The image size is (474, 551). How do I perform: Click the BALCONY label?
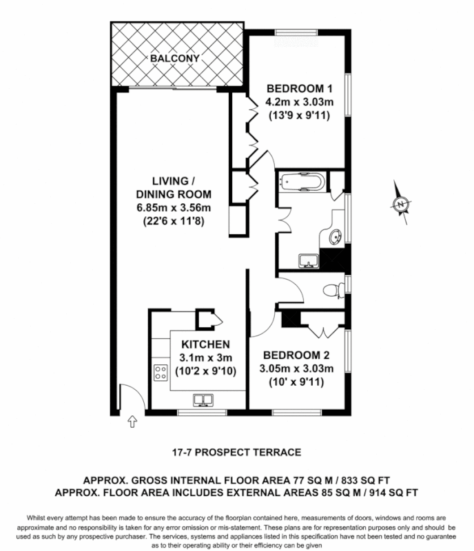pos(175,59)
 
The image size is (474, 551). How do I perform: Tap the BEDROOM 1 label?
pos(300,88)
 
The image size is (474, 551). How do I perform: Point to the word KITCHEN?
pos(205,344)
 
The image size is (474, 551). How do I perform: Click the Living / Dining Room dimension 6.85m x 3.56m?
pos(173,208)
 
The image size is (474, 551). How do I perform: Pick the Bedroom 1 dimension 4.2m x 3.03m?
pos(300,102)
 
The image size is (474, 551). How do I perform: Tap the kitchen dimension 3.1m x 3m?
pos(205,357)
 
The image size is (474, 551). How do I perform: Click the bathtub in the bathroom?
pos(301,184)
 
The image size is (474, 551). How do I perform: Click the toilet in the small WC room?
pos(334,289)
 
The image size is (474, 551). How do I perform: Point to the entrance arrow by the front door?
pos(132,422)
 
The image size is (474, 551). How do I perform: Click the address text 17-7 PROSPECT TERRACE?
pos(236,453)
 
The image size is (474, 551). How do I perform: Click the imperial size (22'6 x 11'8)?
pos(172,222)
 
